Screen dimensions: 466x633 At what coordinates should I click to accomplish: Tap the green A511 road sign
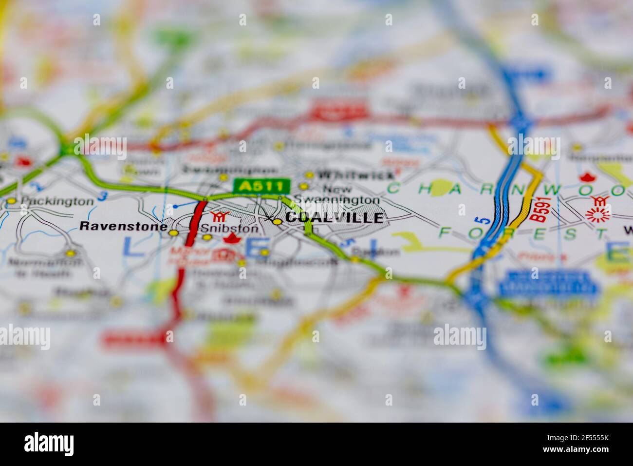(x=262, y=186)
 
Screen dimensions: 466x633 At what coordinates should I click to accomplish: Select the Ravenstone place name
(x=120, y=226)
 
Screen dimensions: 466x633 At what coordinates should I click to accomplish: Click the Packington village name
(x=57, y=201)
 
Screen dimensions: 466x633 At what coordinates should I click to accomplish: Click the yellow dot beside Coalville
(x=277, y=222)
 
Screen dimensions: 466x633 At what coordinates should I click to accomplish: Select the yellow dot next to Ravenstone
(x=173, y=233)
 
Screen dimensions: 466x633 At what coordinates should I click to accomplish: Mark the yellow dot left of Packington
(x=12, y=201)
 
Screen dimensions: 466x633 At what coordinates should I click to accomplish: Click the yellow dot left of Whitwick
(x=309, y=175)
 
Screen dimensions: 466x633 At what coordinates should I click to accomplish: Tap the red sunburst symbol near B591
(x=597, y=214)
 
